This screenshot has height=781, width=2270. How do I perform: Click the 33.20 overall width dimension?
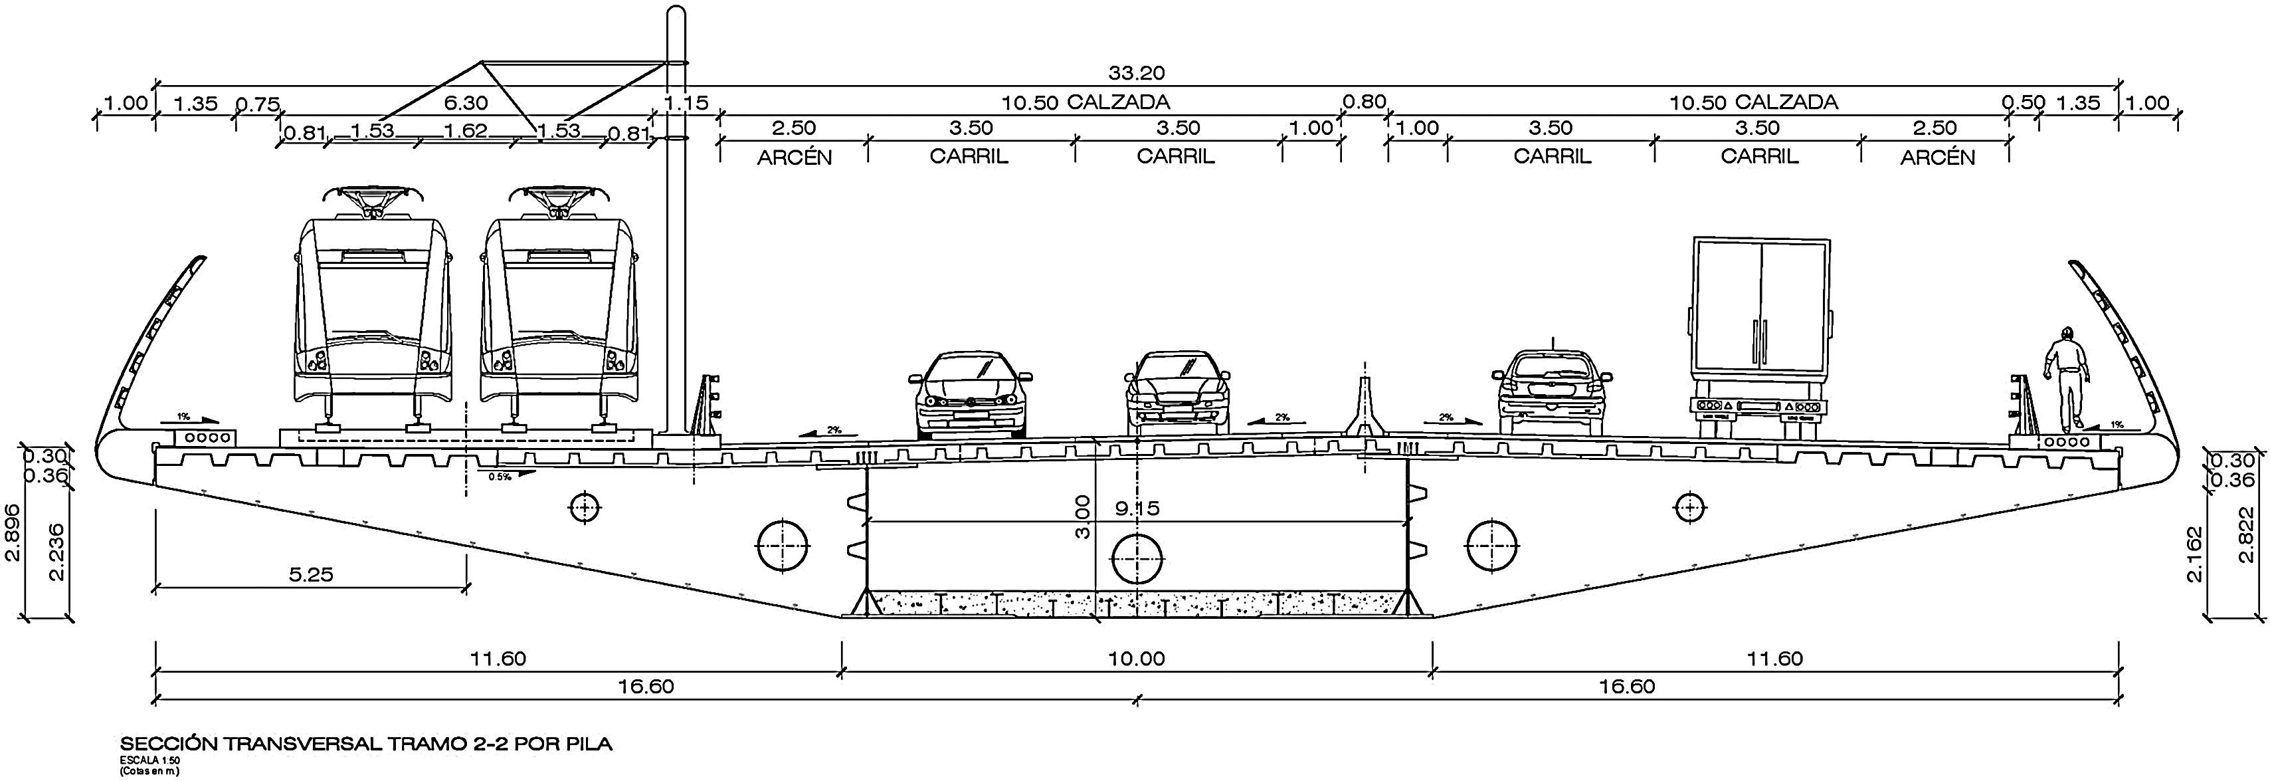[x=1136, y=73]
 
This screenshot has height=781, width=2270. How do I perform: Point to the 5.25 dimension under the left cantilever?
[x=311, y=575]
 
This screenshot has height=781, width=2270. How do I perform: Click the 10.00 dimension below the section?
[x=1136, y=659]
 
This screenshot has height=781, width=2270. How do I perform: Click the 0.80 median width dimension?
[x=1363, y=102]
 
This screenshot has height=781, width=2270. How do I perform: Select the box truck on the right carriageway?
[x=1759, y=335]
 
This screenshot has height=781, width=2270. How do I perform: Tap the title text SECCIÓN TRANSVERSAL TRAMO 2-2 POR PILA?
[x=365, y=744]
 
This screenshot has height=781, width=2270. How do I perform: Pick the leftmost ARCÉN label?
[x=794, y=158]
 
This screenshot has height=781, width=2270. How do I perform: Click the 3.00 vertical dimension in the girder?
[x=1083, y=516]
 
